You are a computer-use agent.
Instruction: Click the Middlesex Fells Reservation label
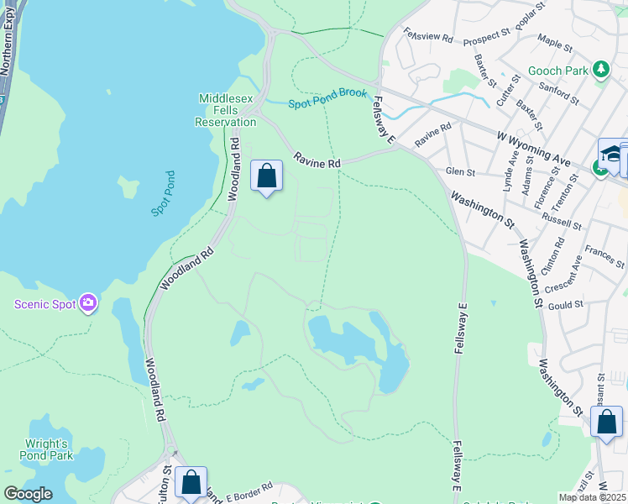[226, 110]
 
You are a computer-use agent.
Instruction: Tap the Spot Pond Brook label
[328, 98]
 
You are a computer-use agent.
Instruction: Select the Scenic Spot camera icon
[87, 303]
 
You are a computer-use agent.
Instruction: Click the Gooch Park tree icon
[600, 71]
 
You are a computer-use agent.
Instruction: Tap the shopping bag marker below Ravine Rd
[267, 176]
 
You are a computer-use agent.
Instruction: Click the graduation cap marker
[612, 154]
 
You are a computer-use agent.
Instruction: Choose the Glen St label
[461, 172]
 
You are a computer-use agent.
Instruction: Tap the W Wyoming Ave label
[533, 147]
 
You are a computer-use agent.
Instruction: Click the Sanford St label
[559, 91]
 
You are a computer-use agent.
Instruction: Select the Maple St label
[555, 43]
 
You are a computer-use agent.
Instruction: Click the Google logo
[29, 494]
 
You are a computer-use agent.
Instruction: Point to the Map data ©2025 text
[591, 497]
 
